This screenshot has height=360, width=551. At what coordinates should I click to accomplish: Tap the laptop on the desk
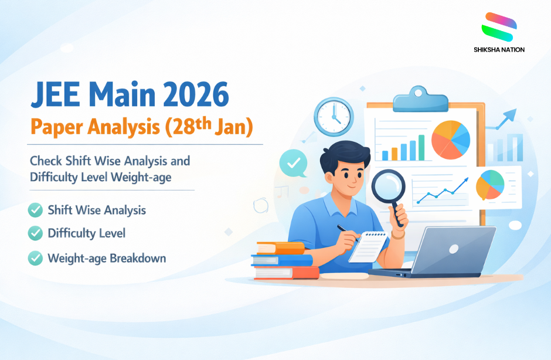pos(451,251)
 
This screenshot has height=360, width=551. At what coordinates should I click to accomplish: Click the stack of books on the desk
pos(284,260)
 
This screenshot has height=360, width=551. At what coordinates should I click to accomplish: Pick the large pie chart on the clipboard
pos(450,139)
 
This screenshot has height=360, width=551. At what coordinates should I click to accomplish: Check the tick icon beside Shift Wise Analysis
pos(35,209)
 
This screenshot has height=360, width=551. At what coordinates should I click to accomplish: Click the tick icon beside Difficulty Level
pos(35,233)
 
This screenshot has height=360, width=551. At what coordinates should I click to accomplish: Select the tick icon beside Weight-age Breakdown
pos(35,257)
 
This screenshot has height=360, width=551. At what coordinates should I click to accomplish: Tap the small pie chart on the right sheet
pos(490,184)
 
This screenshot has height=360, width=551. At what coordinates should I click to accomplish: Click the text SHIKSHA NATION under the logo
pos(499,50)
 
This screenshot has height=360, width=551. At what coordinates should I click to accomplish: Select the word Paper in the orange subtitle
pos(55,127)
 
